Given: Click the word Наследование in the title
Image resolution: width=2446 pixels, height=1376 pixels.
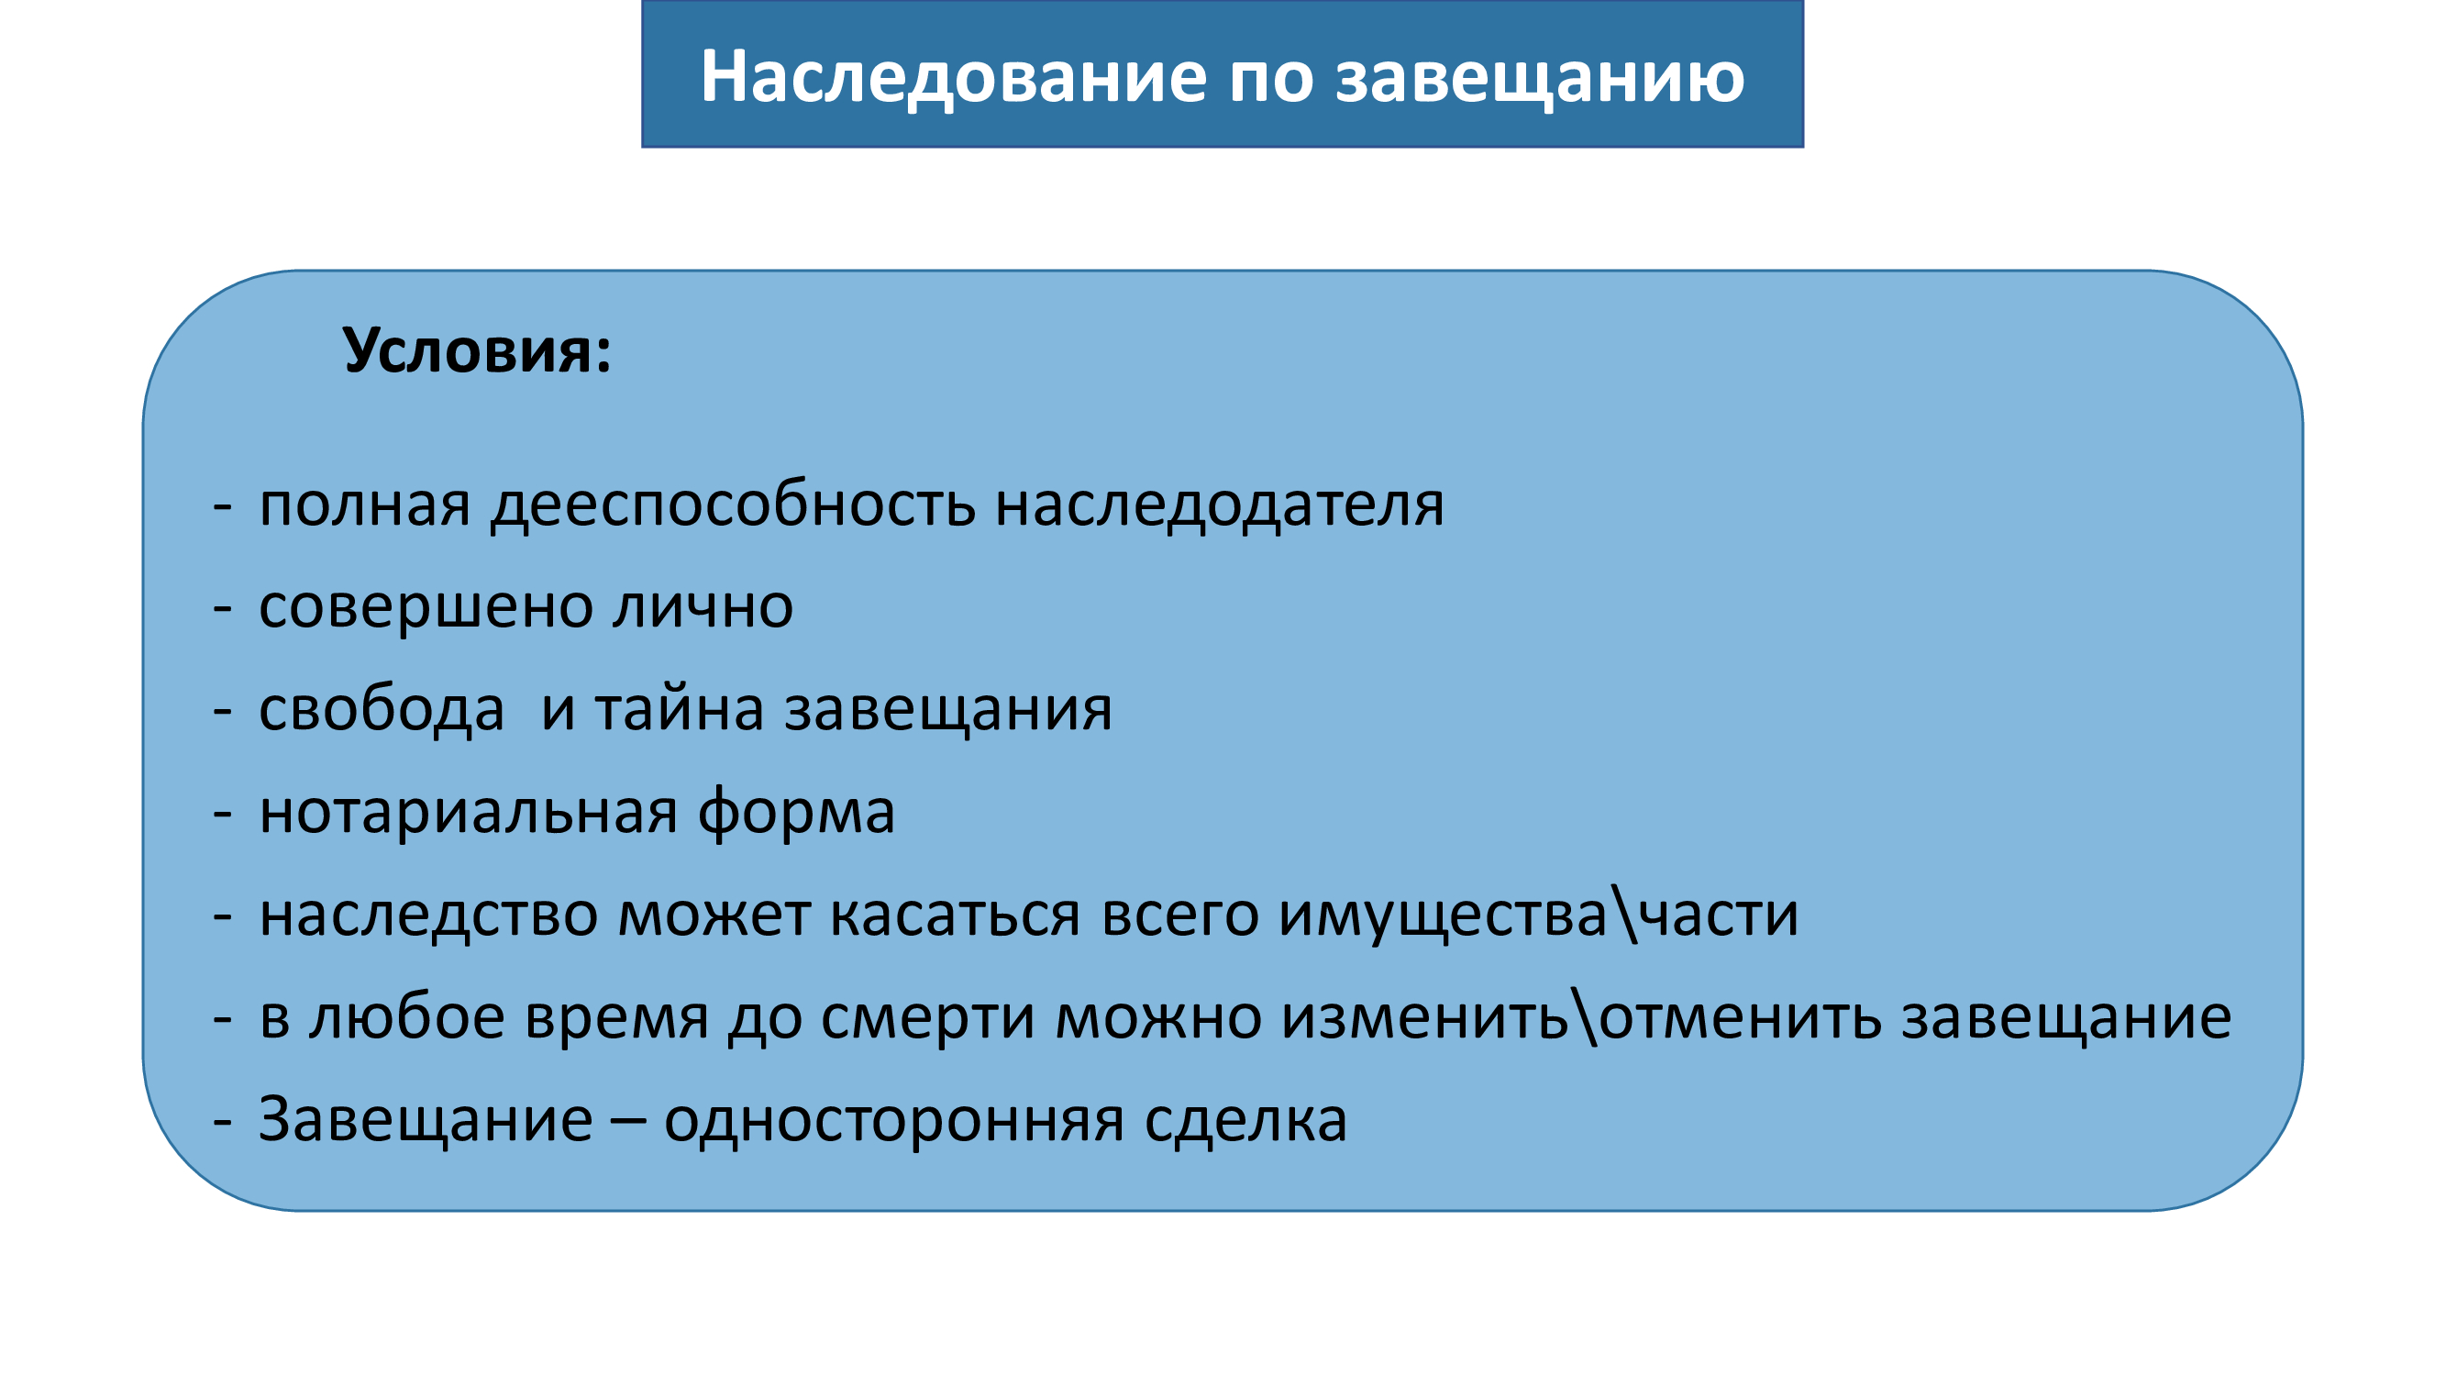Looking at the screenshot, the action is (x=953, y=77).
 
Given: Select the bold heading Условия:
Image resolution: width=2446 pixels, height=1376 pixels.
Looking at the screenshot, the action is (x=477, y=350).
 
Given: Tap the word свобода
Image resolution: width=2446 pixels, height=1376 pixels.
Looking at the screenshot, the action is (x=382, y=709).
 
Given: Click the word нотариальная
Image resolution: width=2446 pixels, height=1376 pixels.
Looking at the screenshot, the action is (x=469, y=813).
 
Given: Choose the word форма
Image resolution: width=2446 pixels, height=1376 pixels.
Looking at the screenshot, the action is (x=796, y=813).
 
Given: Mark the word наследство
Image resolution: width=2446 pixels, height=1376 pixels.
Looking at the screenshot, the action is (x=429, y=915).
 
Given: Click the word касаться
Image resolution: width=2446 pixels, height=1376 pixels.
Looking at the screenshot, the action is (x=956, y=915).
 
